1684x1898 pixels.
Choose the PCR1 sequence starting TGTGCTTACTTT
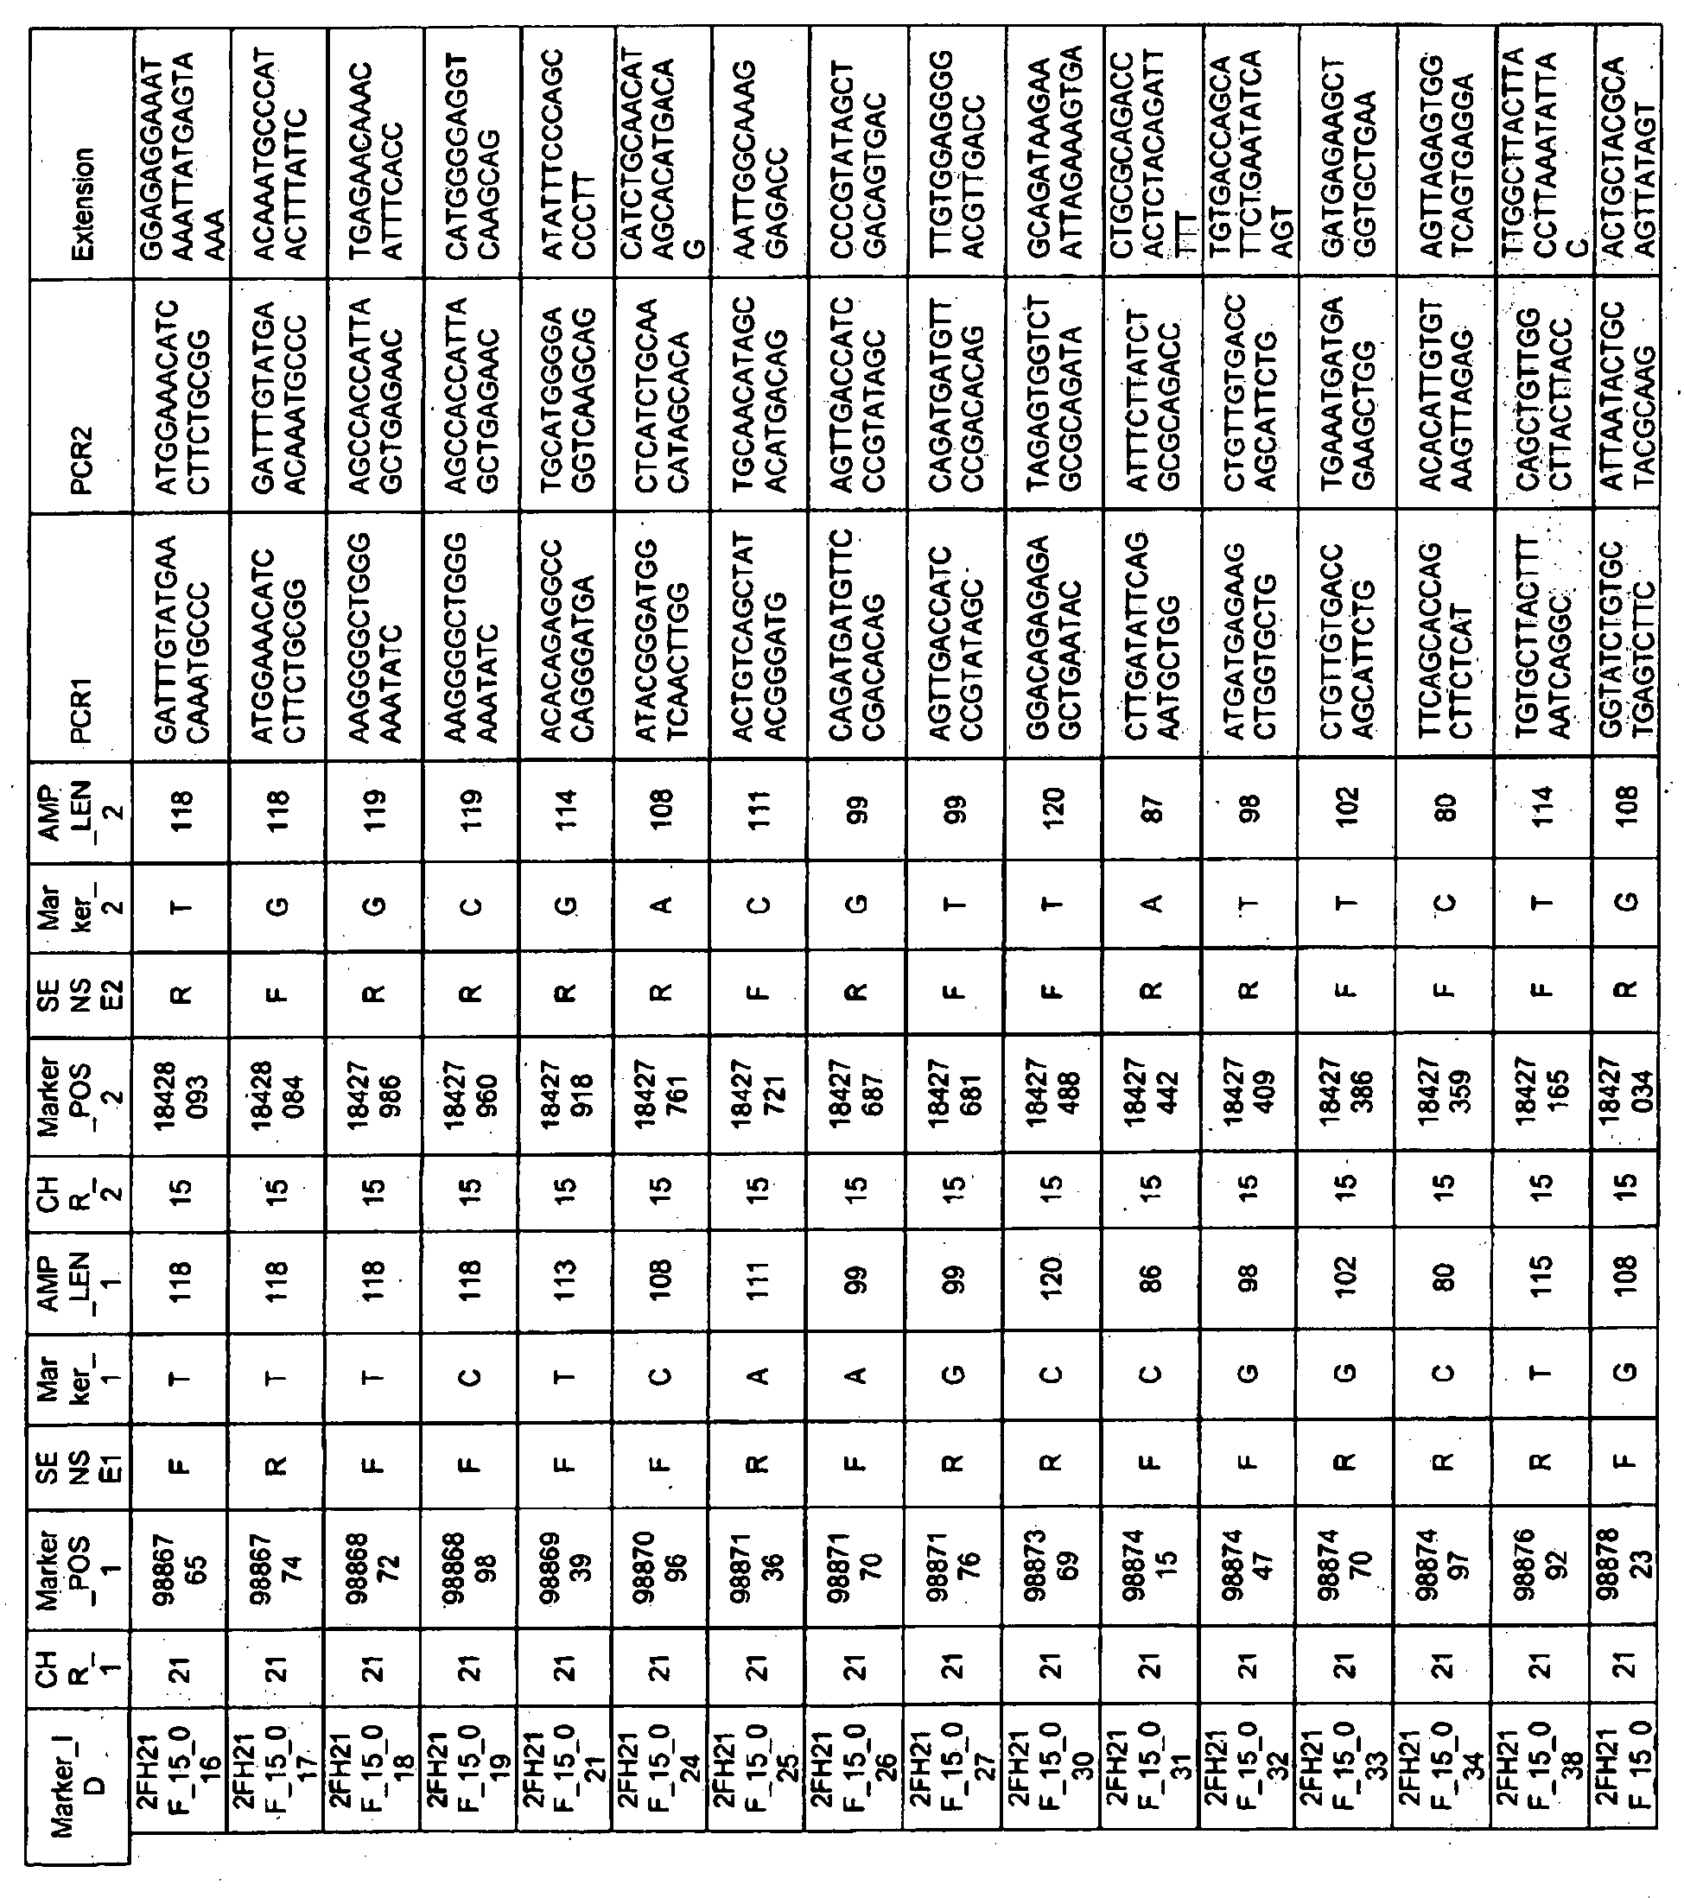click(1541, 636)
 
